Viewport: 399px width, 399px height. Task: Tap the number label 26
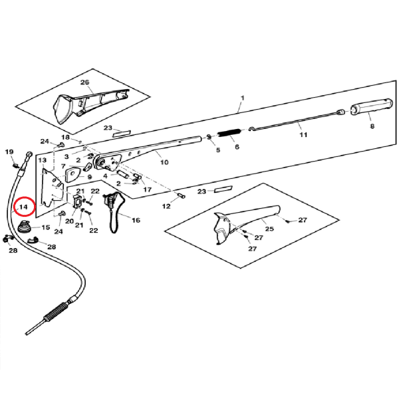tap(84, 82)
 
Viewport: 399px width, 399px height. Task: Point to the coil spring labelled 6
tap(229, 134)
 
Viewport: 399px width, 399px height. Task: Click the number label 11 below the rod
tap(303, 135)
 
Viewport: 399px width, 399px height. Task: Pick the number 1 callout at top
tap(242, 98)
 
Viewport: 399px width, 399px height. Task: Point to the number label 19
tap(9, 152)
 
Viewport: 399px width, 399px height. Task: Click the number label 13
tap(41, 160)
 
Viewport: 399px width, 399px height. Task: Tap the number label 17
tap(148, 190)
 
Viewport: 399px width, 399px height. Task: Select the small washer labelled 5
tap(209, 137)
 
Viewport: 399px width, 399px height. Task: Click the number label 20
tap(69, 220)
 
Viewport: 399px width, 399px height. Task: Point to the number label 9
tap(90, 177)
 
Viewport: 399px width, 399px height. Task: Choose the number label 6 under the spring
tap(236, 148)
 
